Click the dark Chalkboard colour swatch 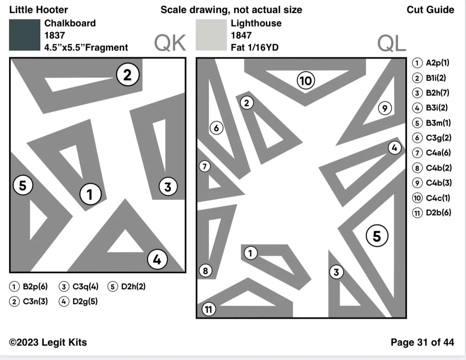[25, 35]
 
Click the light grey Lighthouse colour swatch [211, 35]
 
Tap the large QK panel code [170, 43]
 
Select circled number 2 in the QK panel [127, 75]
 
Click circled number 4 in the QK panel [157, 259]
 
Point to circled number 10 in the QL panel [306, 81]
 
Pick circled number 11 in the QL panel [208, 310]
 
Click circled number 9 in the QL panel [385, 108]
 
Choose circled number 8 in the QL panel [205, 270]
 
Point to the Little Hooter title [38, 10]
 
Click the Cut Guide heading [430, 10]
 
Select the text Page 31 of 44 [422, 342]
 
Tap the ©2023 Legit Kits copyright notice [48, 342]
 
